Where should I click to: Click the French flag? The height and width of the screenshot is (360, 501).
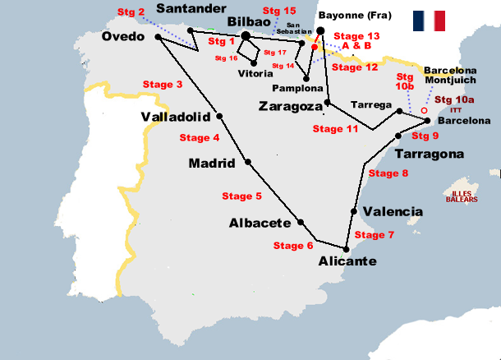[429, 21]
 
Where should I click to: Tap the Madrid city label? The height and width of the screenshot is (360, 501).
[212, 163]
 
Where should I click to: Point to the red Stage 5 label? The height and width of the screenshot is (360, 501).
[242, 196]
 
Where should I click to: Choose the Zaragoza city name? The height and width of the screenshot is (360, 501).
[290, 106]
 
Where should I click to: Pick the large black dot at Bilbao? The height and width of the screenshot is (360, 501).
[246, 36]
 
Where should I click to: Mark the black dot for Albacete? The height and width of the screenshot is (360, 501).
[301, 222]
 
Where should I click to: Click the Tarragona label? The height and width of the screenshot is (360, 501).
[429, 154]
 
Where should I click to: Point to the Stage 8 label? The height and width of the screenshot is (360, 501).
[388, 173]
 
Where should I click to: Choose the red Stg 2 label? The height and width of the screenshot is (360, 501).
[131, 12]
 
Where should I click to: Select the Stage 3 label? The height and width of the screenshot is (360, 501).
[163, 85]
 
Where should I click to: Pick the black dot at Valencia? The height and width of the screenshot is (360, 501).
[354, 211]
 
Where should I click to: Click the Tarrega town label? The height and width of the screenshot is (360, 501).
[366, 105]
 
